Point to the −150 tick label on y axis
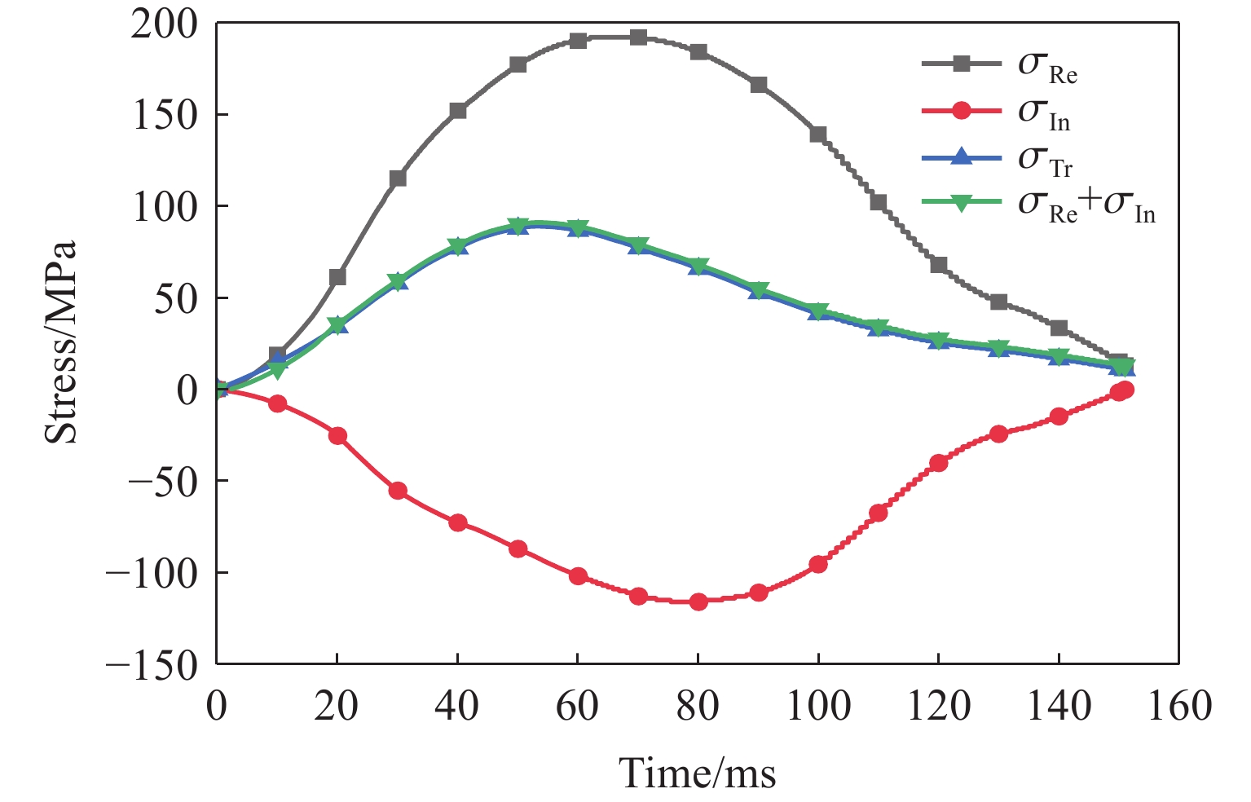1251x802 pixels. (x=152, y=665)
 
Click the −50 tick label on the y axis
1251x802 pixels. (x=163, y=482)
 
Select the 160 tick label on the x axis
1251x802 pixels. (x=1178, y=705)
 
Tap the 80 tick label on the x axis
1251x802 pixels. (x=698, y=705)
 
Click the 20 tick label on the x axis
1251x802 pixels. (x=337, y=705)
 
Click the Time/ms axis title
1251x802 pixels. (x=697, y=771)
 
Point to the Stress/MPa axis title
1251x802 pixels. (x=61, y=342)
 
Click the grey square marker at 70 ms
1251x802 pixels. (x=638, y=37)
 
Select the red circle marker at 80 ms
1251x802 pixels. (x=698, y=601)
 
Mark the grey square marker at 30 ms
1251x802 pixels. (x=398, y=178)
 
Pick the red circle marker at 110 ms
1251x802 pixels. (x=878, y=513)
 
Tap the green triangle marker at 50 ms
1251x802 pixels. (x=518, y=226)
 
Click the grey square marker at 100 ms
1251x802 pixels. (x=818, y=134)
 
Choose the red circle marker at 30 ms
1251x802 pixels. (x=398, y=491)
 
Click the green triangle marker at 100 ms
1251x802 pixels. (x=818, y=311)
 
